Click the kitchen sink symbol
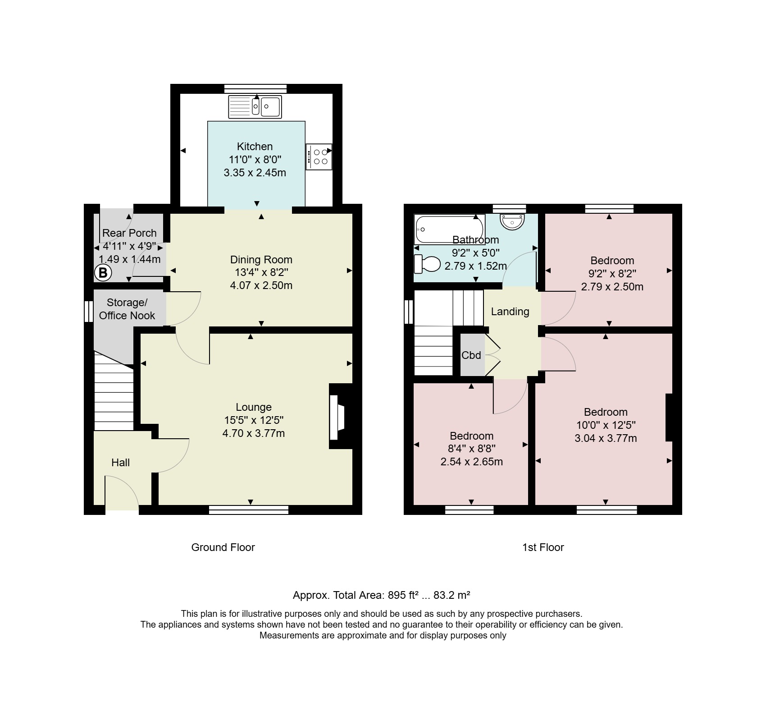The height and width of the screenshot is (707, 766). point(255,107)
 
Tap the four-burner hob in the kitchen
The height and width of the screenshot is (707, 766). point(319,156)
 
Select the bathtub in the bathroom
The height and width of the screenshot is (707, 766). point(449,230)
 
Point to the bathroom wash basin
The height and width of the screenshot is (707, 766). point(512,221)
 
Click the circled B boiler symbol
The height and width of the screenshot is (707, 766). point(103,272)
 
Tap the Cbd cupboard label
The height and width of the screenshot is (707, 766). point(471,355)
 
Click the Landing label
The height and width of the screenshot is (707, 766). point(510,312)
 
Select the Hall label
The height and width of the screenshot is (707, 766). point(120,463)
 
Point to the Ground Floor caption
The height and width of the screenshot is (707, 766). point(223,547)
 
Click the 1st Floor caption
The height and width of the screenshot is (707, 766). point(543,547)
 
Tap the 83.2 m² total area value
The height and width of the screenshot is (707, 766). point(452,595)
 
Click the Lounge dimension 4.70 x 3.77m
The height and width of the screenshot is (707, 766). point(254,434)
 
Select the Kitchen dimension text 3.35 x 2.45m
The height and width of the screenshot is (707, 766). point(255,173)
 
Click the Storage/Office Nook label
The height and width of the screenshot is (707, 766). point(127,309)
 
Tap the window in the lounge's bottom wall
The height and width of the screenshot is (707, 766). point(249,510)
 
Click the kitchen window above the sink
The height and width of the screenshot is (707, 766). point(255,89)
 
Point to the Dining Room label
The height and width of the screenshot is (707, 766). point(261,260)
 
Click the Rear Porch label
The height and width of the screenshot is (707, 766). point(129,233)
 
